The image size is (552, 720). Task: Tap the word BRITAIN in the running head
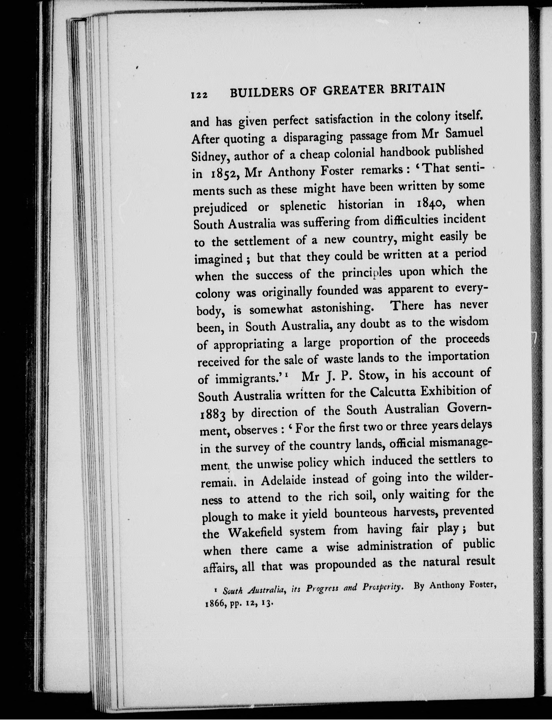click(418, 88)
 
